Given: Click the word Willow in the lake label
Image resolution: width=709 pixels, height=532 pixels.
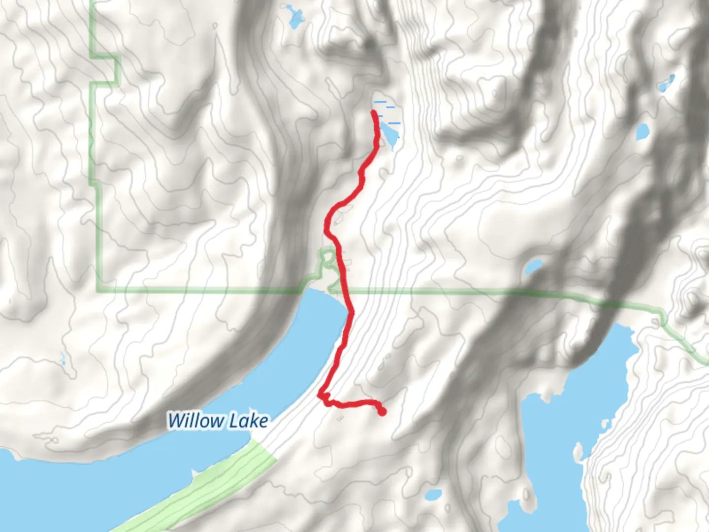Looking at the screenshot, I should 195,421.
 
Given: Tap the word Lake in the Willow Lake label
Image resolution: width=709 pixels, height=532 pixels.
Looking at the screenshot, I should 251,421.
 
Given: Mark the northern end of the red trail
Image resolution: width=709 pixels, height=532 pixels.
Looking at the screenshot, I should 374,113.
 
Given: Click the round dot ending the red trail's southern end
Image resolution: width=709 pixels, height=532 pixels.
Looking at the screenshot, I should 382,412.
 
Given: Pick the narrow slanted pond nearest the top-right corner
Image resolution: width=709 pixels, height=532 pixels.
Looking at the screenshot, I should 666,84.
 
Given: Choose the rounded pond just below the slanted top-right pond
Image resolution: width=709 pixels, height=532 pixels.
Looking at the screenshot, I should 643,132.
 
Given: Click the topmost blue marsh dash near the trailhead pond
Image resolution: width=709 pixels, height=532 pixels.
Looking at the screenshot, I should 381,102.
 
